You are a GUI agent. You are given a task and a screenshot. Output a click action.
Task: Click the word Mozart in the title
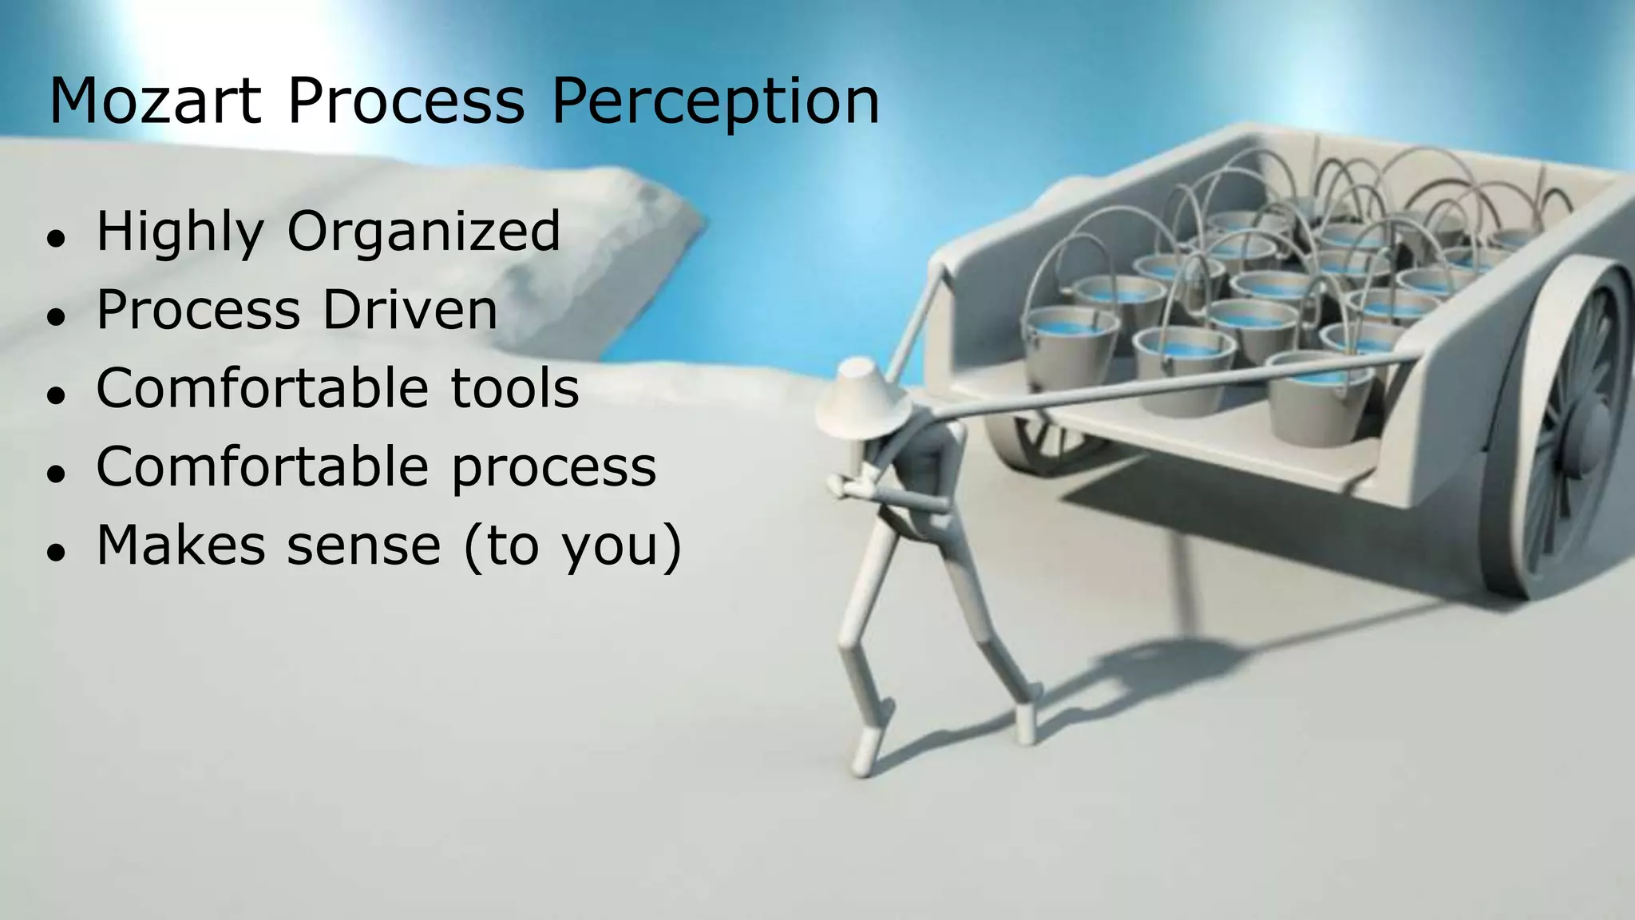(x=155, y=101)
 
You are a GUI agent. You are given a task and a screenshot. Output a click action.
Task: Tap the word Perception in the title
(x=715, y=101)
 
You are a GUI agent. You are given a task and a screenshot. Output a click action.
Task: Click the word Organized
(x=423, y=232)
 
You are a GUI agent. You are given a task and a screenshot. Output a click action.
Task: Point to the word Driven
(x=410, y=310)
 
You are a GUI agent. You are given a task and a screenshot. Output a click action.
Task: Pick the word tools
(x=515, y=388)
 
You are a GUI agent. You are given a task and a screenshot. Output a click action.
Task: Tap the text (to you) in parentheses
(x=572, y=547)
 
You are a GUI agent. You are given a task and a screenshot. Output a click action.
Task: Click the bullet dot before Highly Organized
(x=55, y=239)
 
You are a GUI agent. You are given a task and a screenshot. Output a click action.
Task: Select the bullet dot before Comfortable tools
(x=55, y=395)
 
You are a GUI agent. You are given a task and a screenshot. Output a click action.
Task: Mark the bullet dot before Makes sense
(x=55, y=552)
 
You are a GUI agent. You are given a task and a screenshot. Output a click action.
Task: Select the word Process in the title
(x=406, y=101)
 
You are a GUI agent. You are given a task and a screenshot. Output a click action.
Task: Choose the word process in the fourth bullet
(x=554, y=468)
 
